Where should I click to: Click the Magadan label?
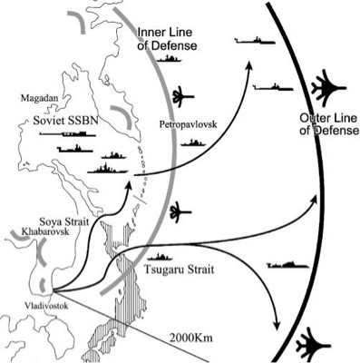(39, 98)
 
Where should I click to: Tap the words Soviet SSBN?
(66, 121)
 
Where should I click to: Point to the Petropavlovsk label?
(188, 124)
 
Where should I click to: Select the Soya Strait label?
(64, 222)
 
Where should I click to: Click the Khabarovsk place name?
(45, 231)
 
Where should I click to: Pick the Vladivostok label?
(46, 306)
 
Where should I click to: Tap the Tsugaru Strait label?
(179, 269)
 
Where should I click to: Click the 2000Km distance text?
(190, 338)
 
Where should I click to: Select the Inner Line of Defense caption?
(167, 39)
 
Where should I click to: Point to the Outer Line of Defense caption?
(329, 124)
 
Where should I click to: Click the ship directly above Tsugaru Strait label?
(160, 257)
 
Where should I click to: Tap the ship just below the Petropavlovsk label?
(193, 142)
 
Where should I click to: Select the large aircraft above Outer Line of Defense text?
(328, 88)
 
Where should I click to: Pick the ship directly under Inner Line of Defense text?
(169, 59)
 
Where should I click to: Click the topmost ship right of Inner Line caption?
(255, 41)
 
